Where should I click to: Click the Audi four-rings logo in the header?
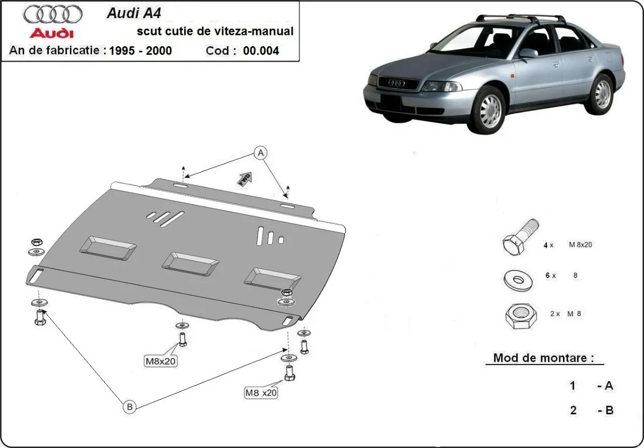tap(53, 14)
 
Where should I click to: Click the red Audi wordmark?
tap(52, 34)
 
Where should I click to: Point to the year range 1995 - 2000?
tap(140, 51)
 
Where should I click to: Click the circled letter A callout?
tap(261, 153)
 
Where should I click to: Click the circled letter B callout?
tap(129, 407)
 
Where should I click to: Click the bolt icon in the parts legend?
tap(520, 239)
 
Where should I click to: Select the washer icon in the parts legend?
tap(519, 279)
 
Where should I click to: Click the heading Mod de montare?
tap(543, 358)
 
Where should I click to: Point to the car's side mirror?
tap(528, 53)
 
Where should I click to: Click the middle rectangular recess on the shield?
tap(191, 260)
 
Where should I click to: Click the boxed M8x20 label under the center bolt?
tap(160, 361)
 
